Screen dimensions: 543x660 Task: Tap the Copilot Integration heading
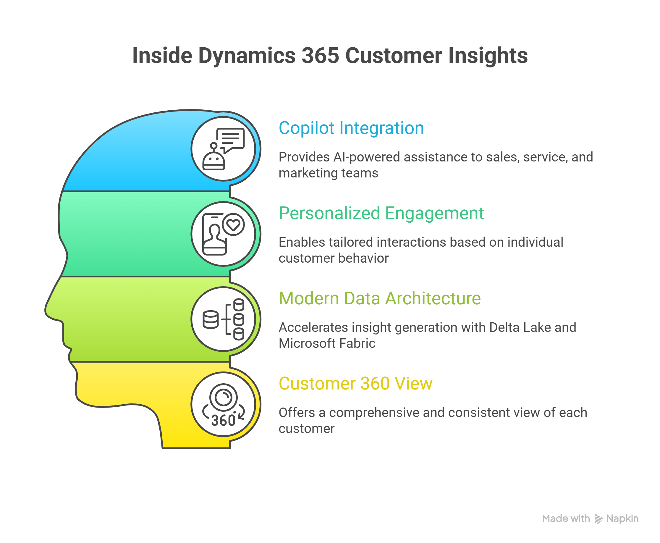[351, 128]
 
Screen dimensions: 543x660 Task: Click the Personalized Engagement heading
[381, 213]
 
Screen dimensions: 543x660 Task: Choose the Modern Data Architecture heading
[380, 298]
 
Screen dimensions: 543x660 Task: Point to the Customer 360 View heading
[355, 384]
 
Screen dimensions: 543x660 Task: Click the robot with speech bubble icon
[223, 149]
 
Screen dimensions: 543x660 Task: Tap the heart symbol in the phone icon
[233, 224]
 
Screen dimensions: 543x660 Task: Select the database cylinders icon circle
[223, 319]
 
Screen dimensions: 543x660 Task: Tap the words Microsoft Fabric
[327, 343]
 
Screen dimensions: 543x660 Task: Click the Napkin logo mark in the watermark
[598, 519]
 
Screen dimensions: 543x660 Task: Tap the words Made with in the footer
[566, 519]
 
